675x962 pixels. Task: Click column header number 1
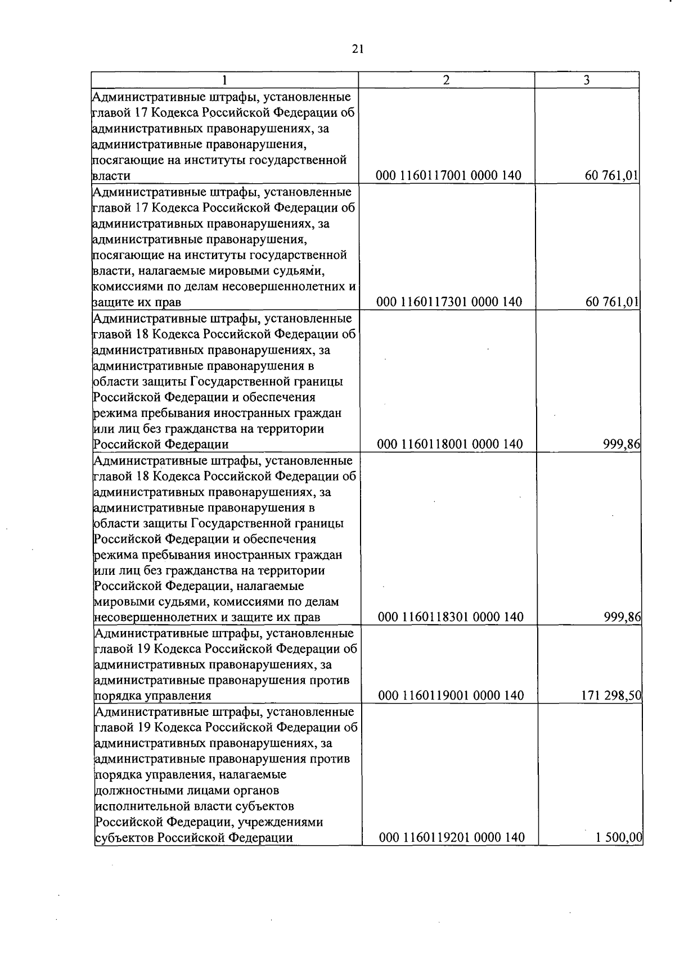(224, 80)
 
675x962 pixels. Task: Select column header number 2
(446, 80)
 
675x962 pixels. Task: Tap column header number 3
(586, 80)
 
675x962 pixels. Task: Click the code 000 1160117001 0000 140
(449, 176)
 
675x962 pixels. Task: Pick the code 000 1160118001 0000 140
(450, 444)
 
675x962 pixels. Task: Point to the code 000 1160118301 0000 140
(451, 618)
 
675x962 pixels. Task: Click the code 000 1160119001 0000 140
(451, 696)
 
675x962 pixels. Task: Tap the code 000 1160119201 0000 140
(452, 838)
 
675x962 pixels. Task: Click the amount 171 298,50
(611, 696)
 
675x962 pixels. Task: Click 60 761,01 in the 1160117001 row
(611, 176)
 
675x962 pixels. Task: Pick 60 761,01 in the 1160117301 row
(611, 302)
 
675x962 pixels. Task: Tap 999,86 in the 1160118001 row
(622, 444)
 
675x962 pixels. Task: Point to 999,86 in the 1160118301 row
(622, 618)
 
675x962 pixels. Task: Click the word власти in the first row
(111, 176)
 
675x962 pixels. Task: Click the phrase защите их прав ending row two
(136, 303)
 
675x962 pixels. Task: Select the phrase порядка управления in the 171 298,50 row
(153, 696)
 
